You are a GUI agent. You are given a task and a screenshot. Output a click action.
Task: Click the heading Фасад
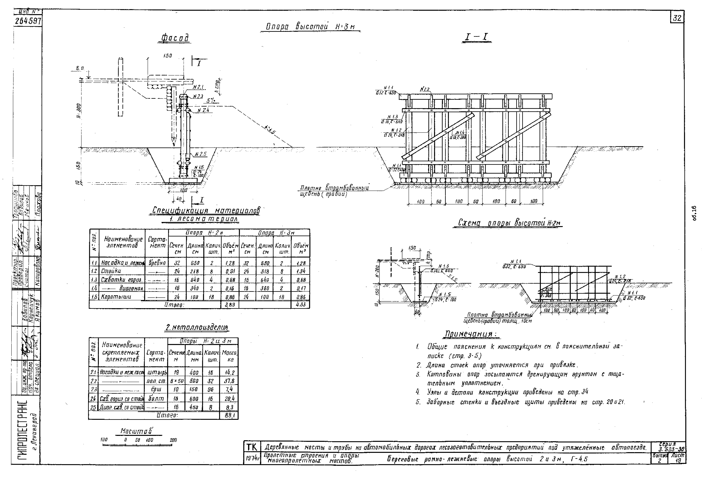point(175,38)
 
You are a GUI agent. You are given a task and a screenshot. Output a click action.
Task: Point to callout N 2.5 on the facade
point(201,154)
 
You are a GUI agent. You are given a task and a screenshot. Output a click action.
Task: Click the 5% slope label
point(210,100)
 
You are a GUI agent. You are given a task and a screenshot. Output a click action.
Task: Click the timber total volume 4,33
point(300,305)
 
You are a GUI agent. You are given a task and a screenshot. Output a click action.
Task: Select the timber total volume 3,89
point(230,305)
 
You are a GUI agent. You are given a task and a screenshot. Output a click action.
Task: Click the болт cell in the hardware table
point(156,399)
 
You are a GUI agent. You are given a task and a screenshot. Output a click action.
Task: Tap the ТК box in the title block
point(252,447)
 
